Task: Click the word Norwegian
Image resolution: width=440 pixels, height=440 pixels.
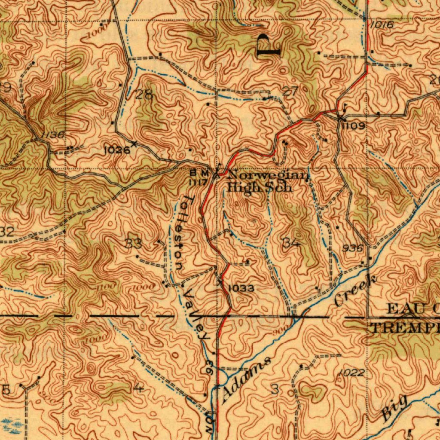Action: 268,175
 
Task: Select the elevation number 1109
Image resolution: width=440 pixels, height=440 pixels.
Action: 354,126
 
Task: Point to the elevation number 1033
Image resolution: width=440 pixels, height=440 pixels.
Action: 241,288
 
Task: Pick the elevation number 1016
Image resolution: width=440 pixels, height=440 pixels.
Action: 382,25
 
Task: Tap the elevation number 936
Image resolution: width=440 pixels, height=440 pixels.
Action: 354,248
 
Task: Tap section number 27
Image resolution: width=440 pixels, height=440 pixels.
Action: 291,91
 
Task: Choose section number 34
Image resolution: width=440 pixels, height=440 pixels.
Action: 291,243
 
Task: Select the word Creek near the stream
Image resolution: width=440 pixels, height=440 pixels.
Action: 356,291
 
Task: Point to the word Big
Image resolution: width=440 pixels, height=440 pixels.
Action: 394,408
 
